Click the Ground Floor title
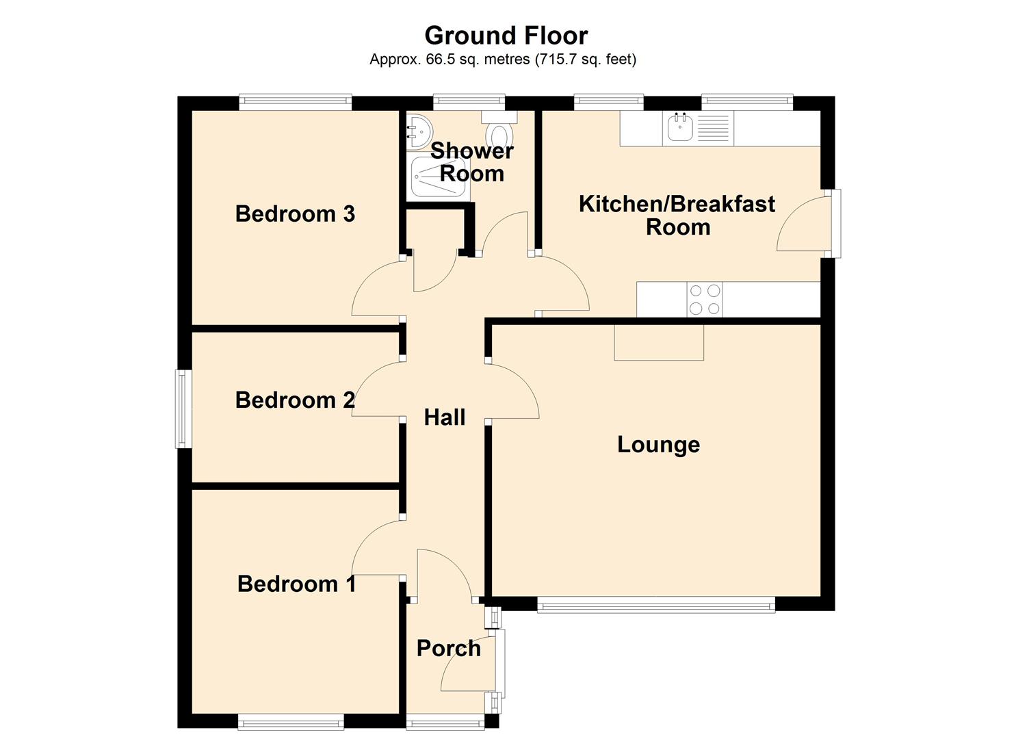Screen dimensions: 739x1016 point(506,35)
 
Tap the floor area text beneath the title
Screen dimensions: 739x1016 point(503,60)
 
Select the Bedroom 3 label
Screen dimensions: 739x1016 point(295,214)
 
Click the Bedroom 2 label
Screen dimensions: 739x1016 point(295,400)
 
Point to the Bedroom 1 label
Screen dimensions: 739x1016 point(296,584)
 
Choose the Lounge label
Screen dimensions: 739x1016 point(658,445)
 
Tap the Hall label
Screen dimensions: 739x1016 point(444,417)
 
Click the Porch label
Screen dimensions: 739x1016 point(448,649)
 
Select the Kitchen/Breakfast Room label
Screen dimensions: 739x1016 point(677,215)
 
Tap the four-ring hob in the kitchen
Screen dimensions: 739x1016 point(704,299)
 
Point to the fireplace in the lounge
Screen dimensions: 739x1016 point(658,343)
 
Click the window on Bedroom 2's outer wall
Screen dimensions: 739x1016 point(183,409)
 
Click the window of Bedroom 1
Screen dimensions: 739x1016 point(290,721)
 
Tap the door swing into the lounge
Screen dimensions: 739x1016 point(513,391)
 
